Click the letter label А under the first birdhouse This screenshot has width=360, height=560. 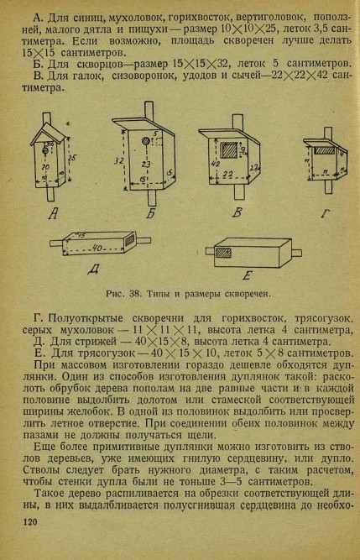pos(54,213)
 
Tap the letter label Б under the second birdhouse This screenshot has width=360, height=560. pos(151,213)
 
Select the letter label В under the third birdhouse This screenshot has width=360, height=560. pos(237,212)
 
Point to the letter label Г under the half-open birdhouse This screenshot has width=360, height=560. pos(325,213)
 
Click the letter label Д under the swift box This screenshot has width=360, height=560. pos(94,269)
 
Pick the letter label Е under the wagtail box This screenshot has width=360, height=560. pos(248,275)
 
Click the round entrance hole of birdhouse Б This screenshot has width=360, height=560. pos(146,141)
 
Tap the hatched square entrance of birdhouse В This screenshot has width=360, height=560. pos(228,151)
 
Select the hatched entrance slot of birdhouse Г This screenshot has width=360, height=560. pos(325,151)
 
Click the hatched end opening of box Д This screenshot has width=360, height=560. pos(129,239)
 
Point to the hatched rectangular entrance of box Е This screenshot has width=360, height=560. pos(223,253)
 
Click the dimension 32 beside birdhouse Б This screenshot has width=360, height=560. pos(119,161)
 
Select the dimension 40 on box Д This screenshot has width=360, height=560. pos(97,247)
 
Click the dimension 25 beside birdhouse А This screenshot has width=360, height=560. pos(72,158)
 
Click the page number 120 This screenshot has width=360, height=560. pos(30,522)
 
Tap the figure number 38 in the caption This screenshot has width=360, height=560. pos(134,294)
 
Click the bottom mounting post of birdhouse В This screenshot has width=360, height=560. pos(239,191)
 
